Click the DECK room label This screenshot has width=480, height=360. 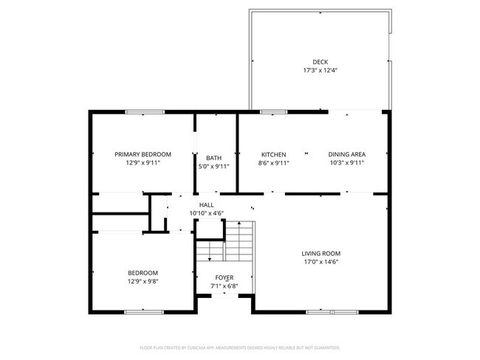(320, 62)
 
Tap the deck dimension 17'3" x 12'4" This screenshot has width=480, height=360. (320, 71)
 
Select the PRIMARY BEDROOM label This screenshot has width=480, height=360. (143, 154)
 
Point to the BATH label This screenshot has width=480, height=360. (213, 158)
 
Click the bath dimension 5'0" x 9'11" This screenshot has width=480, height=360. (213, 167)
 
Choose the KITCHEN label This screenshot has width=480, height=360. (273, 154)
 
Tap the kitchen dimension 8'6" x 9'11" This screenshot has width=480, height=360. (273, 163)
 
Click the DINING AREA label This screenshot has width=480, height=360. (346, 154)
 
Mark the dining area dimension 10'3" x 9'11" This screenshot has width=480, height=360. (346, 163)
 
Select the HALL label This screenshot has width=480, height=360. (206, 205)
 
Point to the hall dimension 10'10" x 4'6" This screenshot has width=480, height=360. (206, 214)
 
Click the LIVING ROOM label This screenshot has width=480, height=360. (321, 253)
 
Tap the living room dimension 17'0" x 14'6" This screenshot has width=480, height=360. (321, 262)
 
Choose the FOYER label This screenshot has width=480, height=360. (224, 277)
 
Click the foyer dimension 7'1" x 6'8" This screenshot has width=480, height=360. (224, 286)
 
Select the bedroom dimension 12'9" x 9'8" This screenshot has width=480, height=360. (143, 282)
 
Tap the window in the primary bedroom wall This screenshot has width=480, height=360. (145, 112)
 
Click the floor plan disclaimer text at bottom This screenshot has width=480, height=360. (240, 347)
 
